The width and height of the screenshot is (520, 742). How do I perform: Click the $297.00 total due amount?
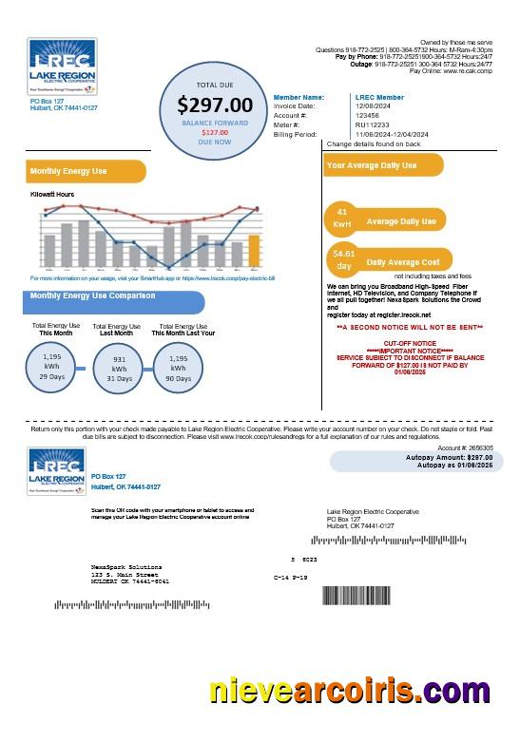216,105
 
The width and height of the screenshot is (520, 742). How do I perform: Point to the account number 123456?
368,116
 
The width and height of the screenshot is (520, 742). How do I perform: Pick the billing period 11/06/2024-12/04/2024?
392,135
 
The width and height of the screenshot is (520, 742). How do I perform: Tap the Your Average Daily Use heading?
372,165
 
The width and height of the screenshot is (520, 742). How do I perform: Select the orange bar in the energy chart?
254,251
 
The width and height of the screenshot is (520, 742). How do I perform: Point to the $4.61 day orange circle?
343,259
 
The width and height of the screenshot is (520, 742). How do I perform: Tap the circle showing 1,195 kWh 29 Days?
51,366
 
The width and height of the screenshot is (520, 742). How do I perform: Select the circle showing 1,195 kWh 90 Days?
178,366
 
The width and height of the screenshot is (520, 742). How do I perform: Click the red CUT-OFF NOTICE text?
410,342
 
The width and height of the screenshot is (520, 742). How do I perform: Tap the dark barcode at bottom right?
356,596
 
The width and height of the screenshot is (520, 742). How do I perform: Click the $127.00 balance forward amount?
215,132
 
